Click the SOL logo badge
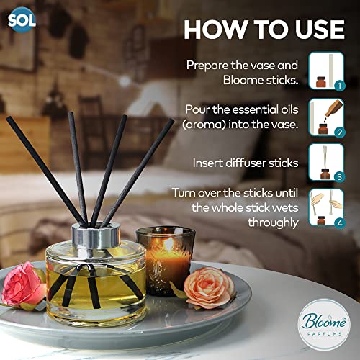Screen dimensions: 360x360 point(22,20)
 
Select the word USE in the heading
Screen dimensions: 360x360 point(320,30)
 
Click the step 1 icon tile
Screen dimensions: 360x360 point(326,71)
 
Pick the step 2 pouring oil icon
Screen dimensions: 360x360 point(326,117)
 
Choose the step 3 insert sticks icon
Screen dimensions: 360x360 point(326,163)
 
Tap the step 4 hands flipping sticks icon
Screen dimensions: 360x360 point(326,207)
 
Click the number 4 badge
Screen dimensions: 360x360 point(340,223)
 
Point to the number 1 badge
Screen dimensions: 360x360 point(340,86)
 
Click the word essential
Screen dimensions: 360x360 point(256,109)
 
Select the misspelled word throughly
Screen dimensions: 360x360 point(273,223)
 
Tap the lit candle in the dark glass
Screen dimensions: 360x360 point(166,261)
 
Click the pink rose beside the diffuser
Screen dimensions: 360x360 point(24,285)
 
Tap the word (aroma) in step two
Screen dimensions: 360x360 point(204,125)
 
